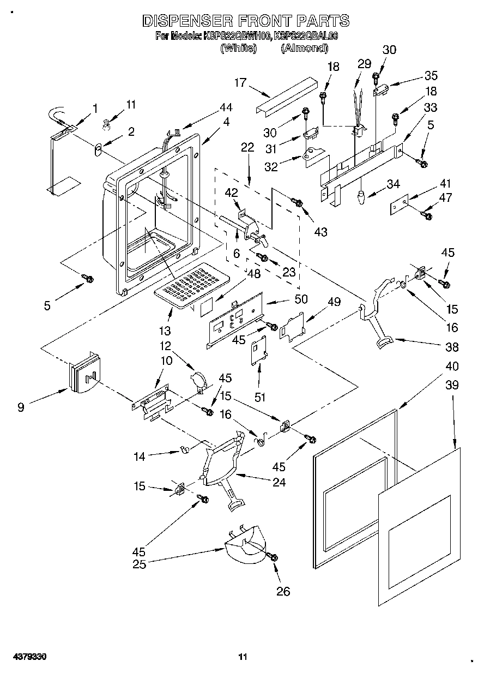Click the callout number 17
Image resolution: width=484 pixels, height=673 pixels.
tap(240, 83)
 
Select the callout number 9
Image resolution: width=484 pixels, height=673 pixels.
tap(20, 406)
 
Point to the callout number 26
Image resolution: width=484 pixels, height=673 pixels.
tap(283, 591)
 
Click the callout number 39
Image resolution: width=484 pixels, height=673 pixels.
tap(452, 385)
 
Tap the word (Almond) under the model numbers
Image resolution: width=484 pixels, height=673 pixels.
tap(304, 48)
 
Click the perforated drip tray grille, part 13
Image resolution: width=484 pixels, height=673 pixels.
tap(191, 283)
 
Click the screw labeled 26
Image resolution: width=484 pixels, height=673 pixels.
tap(273, 556)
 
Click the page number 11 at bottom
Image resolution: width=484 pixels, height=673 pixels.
tap(244, 657)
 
